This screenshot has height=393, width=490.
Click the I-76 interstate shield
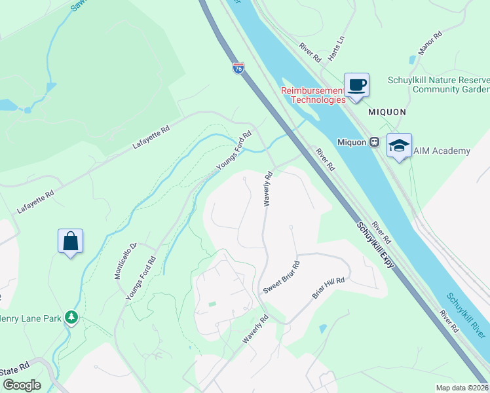pyautogui.click(x=238, y=68)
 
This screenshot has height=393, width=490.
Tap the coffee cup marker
pyautogui.click(x=356, y=85)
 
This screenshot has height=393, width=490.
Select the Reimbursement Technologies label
pyautogui.click(x=313, y=95)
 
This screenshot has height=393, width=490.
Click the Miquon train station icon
pyautogui.click(x=374, y=141)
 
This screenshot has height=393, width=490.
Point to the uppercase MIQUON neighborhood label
pyautogui.click(x=386, y=113)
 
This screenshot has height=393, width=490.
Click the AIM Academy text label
pyautogui.click(x=442, y=151)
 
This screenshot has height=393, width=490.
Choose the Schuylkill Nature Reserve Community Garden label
pyautogui.click(x=438, y=84)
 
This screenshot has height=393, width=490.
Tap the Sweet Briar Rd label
pyautogui.click(x=282, y=278)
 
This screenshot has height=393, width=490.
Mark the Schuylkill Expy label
pyautogui.click(x=375, y=245)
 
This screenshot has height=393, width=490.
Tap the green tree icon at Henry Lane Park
pyautogui.click(x=71, y=318)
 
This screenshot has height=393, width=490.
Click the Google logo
pyautogui.click(x=21, y=385)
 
